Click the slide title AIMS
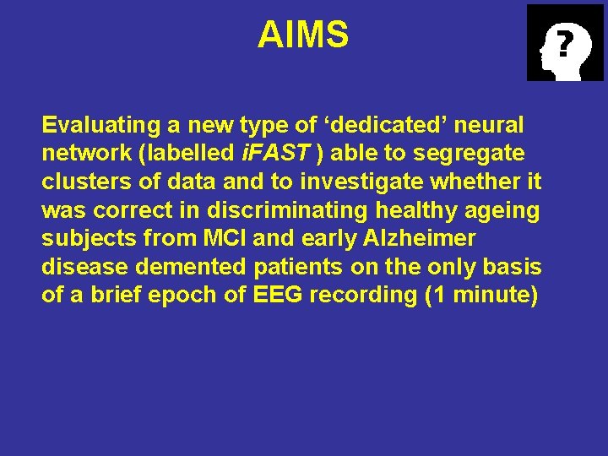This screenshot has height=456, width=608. tap(303, 35)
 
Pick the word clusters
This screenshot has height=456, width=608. tap(82, 183)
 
